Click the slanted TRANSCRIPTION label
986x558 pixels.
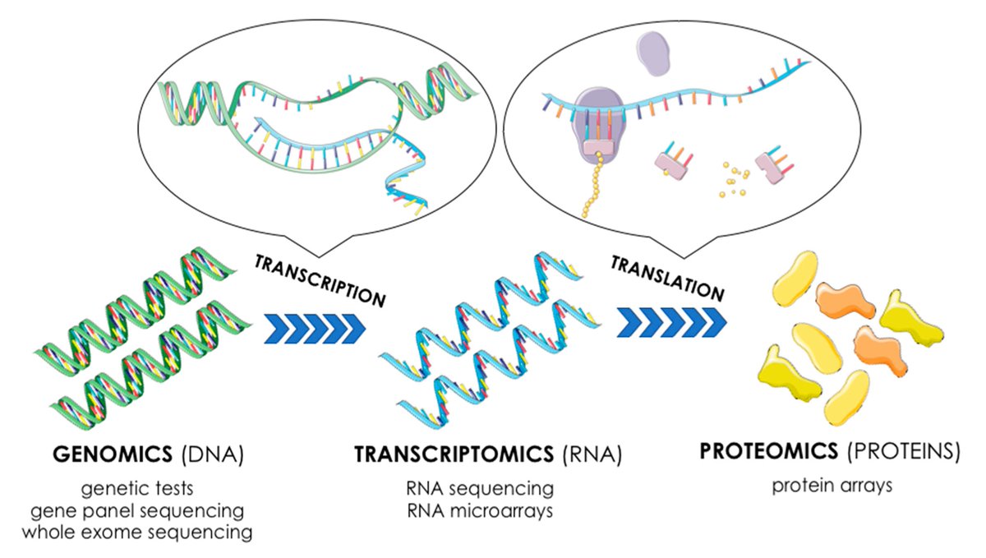[320, 280]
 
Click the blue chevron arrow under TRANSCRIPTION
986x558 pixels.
[315, 327]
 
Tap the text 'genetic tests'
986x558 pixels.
[136, 489]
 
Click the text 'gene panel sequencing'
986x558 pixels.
[136, 510]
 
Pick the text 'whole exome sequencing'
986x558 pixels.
[136, 532]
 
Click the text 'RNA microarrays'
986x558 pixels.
[478, 510]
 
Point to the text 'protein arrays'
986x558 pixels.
[832, 485]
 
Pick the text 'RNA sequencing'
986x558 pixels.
[478, 489]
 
